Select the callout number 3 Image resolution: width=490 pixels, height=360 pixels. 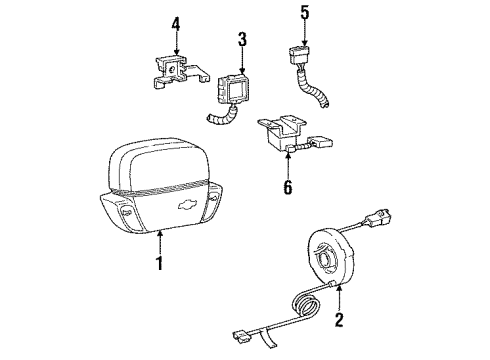coord(240,39)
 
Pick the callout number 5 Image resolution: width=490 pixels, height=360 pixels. coord(305,15)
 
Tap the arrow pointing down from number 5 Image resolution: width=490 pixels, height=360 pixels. coord(305,31)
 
